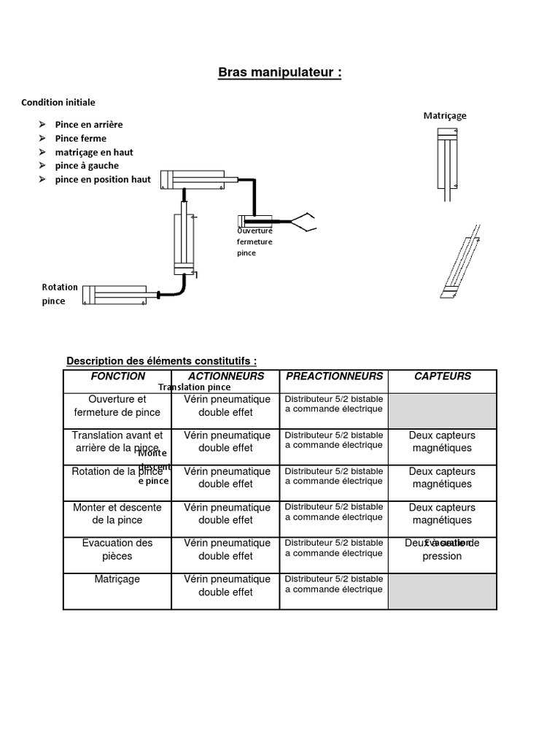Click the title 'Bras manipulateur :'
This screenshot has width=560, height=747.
tap(280, 73)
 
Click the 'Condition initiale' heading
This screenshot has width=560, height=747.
tap(58, 103)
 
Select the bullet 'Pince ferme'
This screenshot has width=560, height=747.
tap(80, 139)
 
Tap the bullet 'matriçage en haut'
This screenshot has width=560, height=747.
tap(93, 152)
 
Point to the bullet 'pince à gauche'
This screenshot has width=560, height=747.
tap(87, 166)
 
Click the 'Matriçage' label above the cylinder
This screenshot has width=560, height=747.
tap(445, 115)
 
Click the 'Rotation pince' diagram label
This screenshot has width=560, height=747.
tap(60, 294)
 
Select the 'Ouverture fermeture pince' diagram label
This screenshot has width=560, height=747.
tap(254, 241)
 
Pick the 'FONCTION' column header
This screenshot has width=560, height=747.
tap(117, 376)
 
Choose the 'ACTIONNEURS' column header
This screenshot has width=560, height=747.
tap(226, 376)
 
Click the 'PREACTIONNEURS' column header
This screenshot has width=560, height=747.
tap(334, 376)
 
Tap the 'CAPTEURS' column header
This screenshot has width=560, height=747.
tap(443, 376)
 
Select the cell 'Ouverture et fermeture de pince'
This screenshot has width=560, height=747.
tap(117, 406)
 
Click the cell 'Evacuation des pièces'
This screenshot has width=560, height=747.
tap(117, 549)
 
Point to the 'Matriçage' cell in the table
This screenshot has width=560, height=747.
tap(117, 579)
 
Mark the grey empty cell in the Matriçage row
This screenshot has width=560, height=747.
tap(443, 591)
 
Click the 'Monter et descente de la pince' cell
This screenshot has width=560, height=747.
tap(117, 514)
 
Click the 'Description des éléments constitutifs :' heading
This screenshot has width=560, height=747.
tap(161, 361)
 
